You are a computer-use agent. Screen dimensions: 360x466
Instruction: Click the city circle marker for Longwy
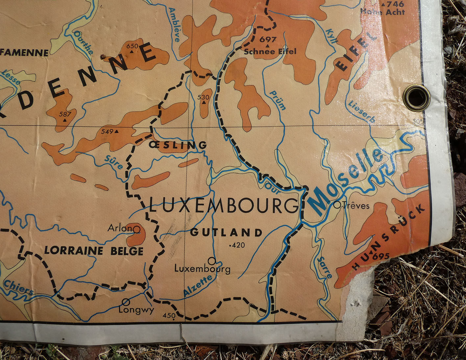point(125,301)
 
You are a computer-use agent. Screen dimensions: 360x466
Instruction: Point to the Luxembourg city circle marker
point(212,261)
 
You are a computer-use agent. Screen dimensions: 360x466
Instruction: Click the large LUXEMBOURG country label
point(224,206)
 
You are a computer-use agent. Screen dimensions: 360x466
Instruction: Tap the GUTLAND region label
point(226,233)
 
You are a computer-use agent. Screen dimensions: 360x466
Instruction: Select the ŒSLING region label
point(178,145)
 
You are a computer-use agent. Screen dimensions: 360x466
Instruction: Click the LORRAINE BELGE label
point(94,251)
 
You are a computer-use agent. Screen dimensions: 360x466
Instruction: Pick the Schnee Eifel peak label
point(270,52)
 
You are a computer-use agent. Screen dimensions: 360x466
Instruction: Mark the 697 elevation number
point(268,39)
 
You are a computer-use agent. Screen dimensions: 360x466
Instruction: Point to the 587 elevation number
point(65,114)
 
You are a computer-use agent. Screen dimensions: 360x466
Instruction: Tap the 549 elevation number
point(107,132)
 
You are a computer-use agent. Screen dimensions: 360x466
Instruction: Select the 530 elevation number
point(204,97)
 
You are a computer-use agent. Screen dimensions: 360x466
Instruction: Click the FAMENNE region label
point(25,52)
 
